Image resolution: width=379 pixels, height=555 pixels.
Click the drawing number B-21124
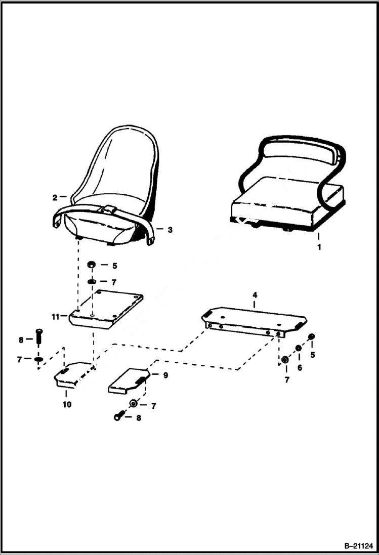click(x=358, y=546)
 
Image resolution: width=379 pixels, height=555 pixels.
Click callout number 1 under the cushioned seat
click(x=319, y=247)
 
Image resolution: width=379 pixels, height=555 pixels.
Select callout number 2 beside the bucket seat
click(x=55, y=198)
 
